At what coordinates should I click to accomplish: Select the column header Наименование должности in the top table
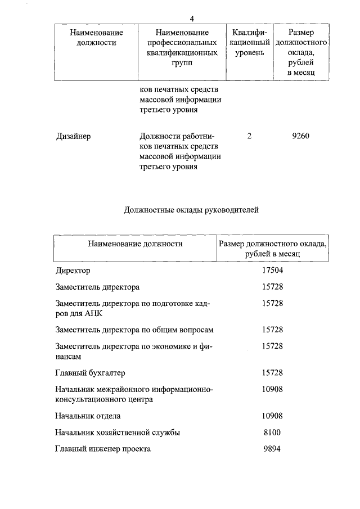[x=96, y=38]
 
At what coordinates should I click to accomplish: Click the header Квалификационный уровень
[x=249, y=43]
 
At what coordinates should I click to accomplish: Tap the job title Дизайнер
[x=74, y=136]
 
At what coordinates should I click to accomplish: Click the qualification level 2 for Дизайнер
[x=249, y=136]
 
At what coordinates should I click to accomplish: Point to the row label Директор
[x=73, y=271]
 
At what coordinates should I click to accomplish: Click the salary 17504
[x=272, y=271]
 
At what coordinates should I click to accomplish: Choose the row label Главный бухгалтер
[x=90, y=373]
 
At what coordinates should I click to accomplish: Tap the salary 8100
[x=272, y=432]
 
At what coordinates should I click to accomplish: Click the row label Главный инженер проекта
[x=103, y=449]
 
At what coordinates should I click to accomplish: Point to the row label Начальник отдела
[x=88, y=416]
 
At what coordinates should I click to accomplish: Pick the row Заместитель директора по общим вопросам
[x=134, y=330]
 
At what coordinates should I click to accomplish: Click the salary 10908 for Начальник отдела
[x=272, y=416]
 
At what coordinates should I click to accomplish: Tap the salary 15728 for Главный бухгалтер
[x=272, y=373]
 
